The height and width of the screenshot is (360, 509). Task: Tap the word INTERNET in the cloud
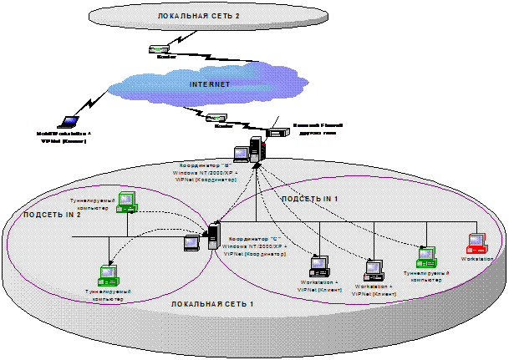[x=209, y=84]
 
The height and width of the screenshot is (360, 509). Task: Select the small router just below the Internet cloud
[x=216, y=118]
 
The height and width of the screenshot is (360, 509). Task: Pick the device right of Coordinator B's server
[x=279, y=131]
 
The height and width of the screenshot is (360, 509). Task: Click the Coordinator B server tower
[x=255, y=150]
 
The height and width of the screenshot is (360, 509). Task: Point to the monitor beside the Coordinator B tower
[x=242, y=154]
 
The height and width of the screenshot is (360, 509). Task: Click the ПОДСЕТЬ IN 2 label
[x=51, y=215]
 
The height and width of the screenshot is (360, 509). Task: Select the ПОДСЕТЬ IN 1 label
[x=309, y=199]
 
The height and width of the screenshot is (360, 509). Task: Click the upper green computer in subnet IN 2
[x=125, y=200]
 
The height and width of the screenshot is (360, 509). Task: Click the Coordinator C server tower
[x=213, y=236]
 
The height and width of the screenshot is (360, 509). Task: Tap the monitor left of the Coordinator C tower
[x=191, y=243]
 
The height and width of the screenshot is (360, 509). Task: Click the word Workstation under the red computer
[x=478, y=259]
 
